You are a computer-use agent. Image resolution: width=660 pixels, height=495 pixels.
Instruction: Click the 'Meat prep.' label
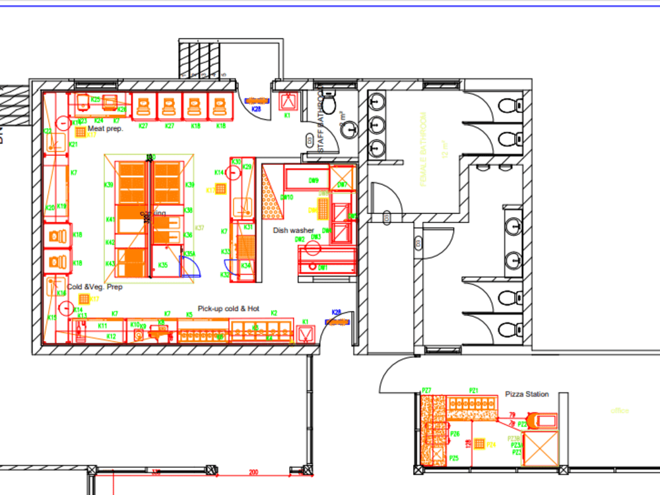pos(105,129)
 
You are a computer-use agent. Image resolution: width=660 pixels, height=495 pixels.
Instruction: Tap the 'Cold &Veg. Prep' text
pos(95,287)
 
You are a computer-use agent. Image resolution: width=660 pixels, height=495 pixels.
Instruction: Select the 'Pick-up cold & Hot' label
pos(229,308)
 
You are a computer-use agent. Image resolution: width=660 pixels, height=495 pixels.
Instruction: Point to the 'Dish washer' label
pos(294,230)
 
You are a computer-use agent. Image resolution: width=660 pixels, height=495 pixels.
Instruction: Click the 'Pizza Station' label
pos(527,394)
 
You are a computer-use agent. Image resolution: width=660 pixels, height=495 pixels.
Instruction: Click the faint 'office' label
pos(620,411)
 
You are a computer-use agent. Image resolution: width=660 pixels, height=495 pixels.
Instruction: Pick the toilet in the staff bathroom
pos(329,103)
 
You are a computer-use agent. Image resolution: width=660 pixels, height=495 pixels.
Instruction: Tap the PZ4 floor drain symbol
pos(480,444)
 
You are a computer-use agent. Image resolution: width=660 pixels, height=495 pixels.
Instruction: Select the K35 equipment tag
pos(163,265)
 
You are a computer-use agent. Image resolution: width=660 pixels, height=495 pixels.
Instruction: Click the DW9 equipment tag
pos(314,181)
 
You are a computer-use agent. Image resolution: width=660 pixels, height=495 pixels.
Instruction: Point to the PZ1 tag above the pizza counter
pos(473,391)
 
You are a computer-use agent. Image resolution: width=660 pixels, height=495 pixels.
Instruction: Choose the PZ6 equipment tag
pos(455,434)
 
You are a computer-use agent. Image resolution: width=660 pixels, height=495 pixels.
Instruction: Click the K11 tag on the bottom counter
pos(102,326)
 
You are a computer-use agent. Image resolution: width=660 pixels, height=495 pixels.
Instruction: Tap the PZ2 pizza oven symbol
pos(544,420)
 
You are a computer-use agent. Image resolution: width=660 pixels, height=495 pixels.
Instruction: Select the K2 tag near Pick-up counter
pos(273,313)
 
